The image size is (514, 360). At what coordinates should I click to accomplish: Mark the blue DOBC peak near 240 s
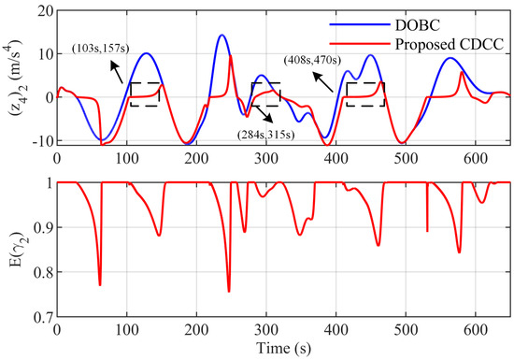tap(221, 36)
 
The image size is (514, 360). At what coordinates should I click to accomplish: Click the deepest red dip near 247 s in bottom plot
tap(228, 291)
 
